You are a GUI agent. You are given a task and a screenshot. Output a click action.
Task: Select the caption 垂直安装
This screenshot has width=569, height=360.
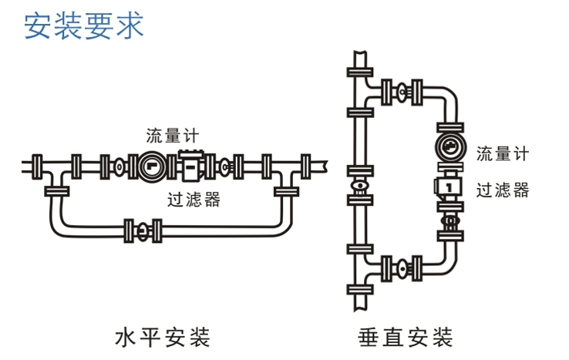[x=406, y=337]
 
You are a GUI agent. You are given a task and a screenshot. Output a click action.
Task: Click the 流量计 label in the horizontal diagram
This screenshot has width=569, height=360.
[x=174, y=136]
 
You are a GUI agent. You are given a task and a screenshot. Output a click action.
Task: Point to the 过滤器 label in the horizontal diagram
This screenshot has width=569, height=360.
[x=194, y=200]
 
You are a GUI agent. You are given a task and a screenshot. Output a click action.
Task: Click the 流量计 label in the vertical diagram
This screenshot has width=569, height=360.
[x=503, y=153]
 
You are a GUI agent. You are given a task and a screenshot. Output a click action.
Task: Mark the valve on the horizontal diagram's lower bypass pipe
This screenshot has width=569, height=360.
[x=143, y=229]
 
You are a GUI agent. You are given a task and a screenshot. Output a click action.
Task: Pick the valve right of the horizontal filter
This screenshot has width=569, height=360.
[x=224, y=165]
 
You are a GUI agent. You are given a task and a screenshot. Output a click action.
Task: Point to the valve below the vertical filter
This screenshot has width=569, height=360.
[x=448, y=223]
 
